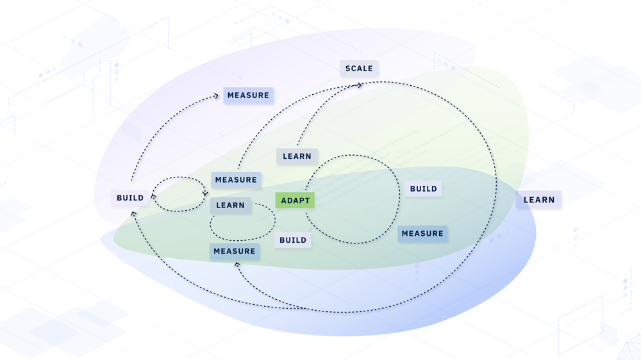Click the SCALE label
pos(359,69)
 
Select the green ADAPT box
pos(295,200)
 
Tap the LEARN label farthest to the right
pos(539,200)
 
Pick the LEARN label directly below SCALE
pos(297,156)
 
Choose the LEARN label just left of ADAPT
pos(231,205)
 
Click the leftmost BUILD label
pos(130,198)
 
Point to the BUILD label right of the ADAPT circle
pos(424,189)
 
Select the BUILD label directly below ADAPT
pos(293,240)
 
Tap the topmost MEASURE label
pos(248,95)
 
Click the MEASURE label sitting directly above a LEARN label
pos(236,180)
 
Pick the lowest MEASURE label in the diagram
pos(234,251)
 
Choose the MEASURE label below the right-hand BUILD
pos(422,233)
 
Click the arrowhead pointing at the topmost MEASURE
pos(216,96)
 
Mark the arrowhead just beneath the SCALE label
pos(360,85)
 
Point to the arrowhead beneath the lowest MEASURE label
pos(237,265)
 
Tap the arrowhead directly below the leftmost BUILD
pos(133,214)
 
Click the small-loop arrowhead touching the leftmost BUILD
pos(153,196)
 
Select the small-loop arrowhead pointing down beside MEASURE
pos(205,193)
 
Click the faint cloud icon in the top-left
pos(95,45)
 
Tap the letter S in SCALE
pos(347,69)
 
